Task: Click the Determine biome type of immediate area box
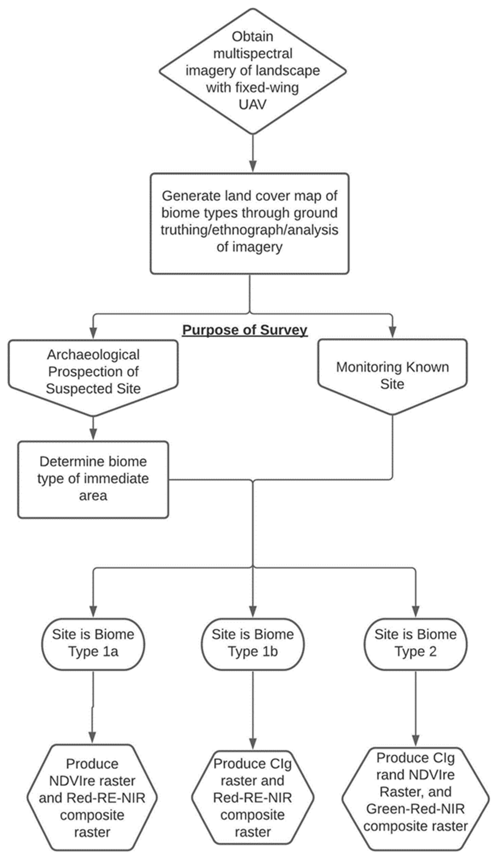tap(93, 479)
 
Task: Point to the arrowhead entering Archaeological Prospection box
tap(93, 333)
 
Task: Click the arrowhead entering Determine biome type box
tap(93, 434)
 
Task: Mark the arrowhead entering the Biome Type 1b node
tap(253, 612)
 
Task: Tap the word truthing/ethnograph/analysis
tap(249, 230)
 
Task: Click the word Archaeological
tap(93, 355)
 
